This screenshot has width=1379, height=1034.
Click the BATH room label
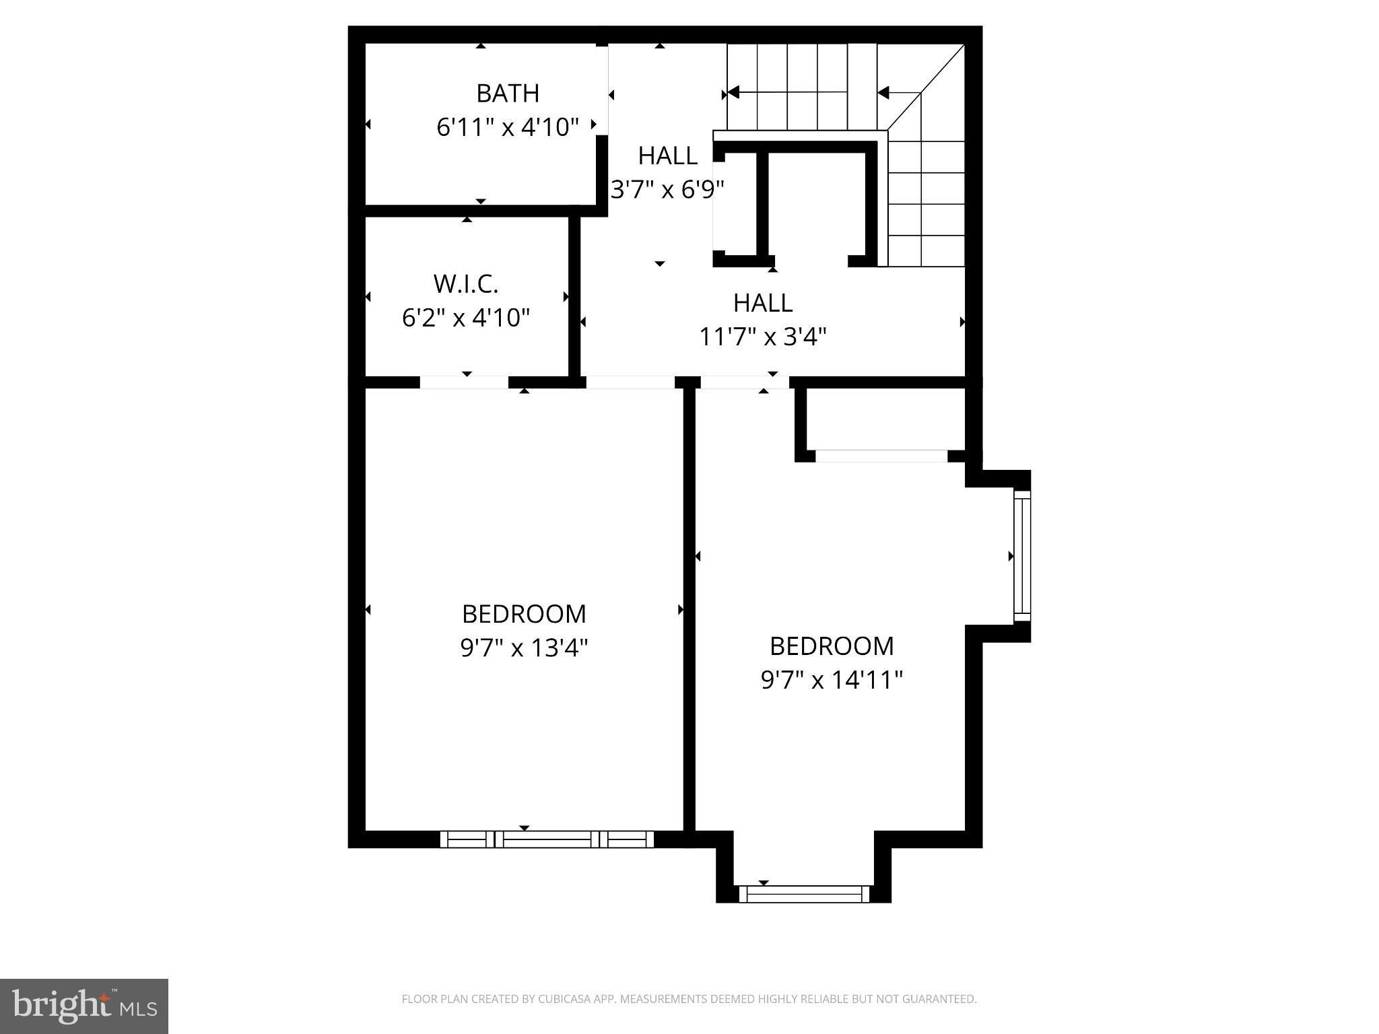(508, 93)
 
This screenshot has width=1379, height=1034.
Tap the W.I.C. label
(466, 284)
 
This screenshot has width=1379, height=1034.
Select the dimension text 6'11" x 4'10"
(508, 127)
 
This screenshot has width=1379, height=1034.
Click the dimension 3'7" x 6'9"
(667, 189)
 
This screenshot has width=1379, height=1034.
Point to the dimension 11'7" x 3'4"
(762, 335)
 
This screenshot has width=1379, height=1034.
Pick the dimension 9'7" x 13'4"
(524, 648)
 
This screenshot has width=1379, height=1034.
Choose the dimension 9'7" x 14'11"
(832, 680)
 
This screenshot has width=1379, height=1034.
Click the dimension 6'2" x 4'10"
(466, 317)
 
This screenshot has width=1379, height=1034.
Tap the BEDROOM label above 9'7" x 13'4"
(524, 614)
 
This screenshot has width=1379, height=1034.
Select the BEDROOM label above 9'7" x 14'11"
(832, 646)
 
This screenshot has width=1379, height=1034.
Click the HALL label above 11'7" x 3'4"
(762, 303)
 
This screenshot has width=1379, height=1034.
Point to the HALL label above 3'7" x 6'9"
(667, 156)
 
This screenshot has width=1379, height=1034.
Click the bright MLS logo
(84, 1006)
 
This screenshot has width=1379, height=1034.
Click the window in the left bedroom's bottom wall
(547, 839)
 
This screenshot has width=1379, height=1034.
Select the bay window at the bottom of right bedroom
(804, 894)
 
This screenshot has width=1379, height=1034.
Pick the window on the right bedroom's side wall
(1022, 556)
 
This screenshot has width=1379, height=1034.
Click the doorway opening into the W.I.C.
(464, 382)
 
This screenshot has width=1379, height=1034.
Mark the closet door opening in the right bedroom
(881, 456)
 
